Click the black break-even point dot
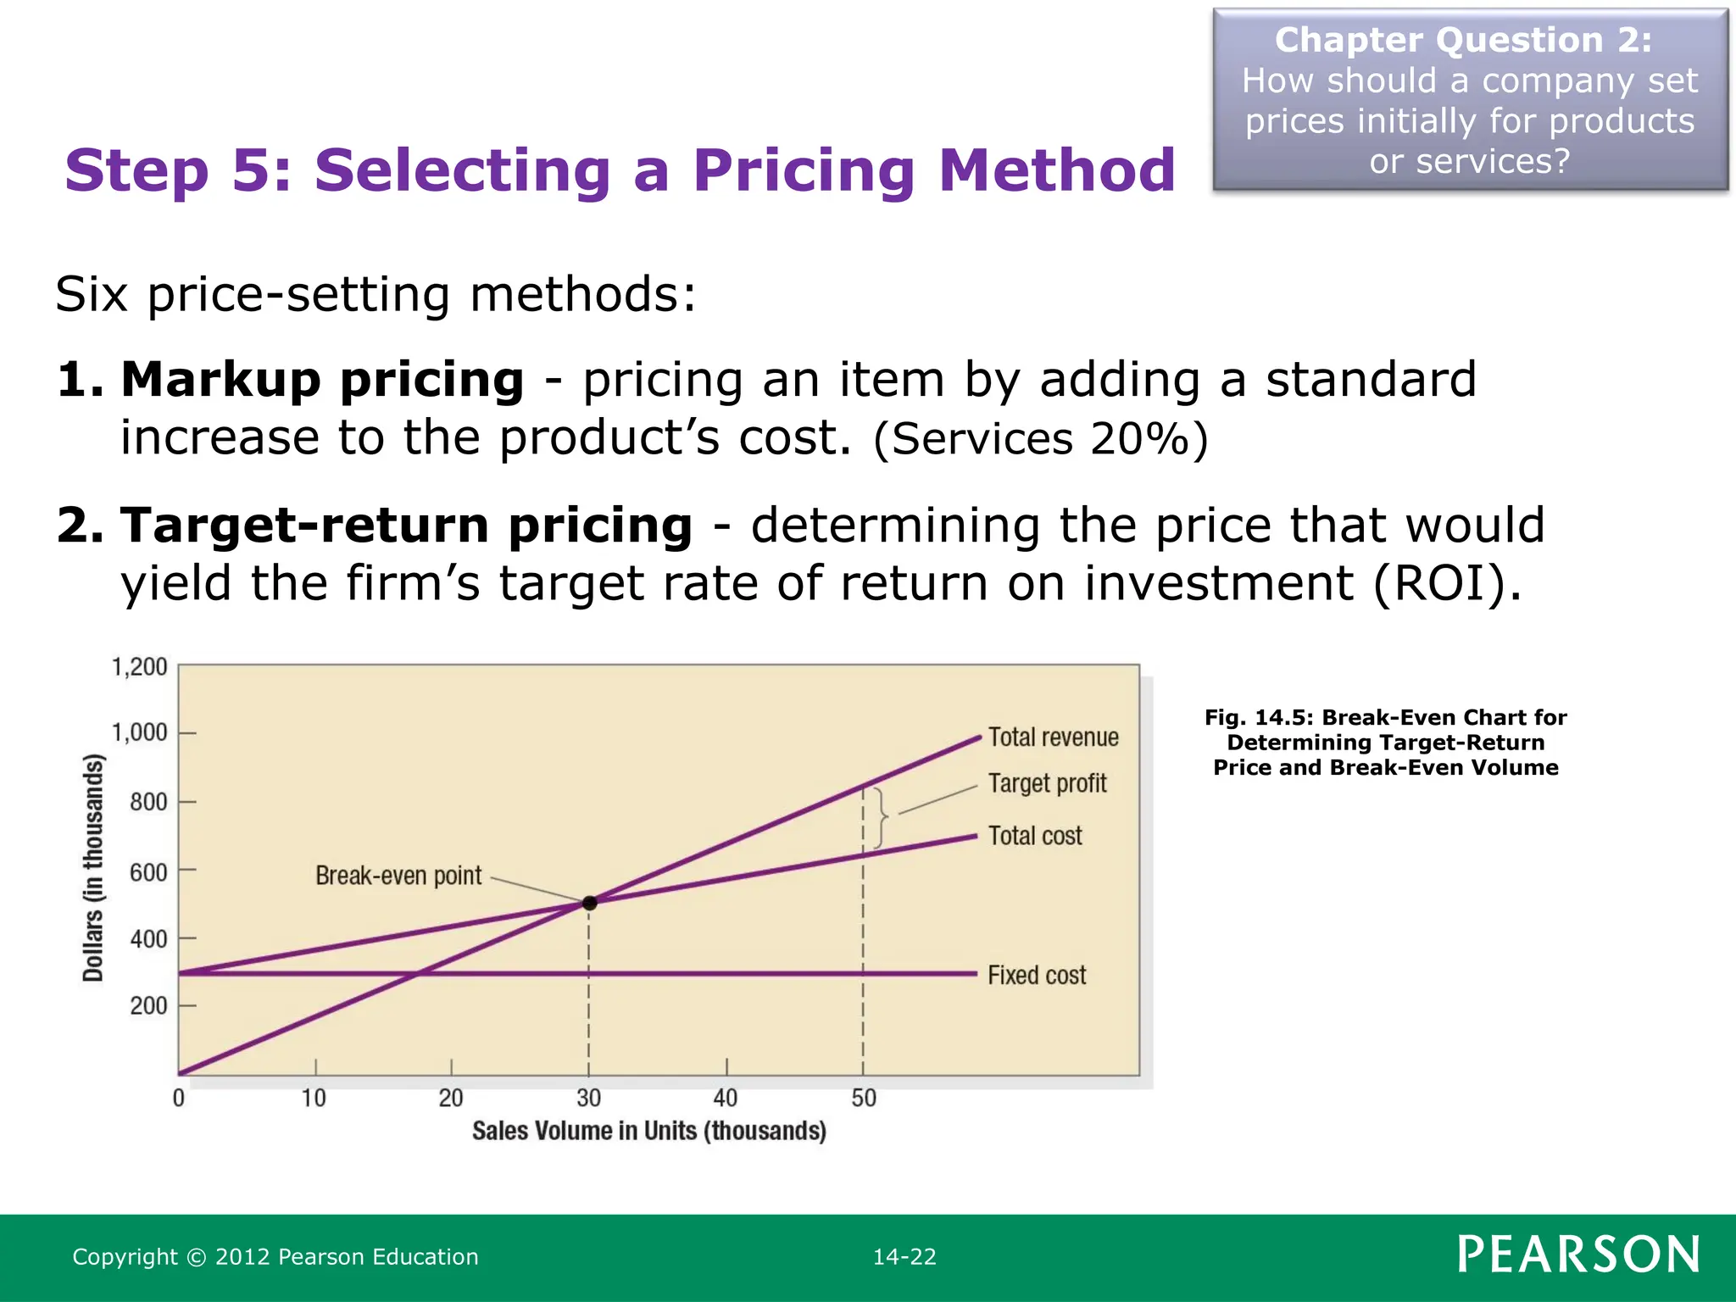590,903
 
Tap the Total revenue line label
1053,737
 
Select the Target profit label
1047,783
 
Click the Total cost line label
1035,836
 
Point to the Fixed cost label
1037,975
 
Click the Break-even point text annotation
398,876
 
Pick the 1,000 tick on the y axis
140,732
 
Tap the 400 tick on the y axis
148,939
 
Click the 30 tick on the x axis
588,1099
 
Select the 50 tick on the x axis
864,1099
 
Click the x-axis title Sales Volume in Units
648,1131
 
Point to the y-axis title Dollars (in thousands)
93,868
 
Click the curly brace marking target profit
882,817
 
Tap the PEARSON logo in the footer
1578,1255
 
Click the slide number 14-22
904,1257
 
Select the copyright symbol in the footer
196,1257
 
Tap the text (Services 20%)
1040,440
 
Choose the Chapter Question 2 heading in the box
1463,41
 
